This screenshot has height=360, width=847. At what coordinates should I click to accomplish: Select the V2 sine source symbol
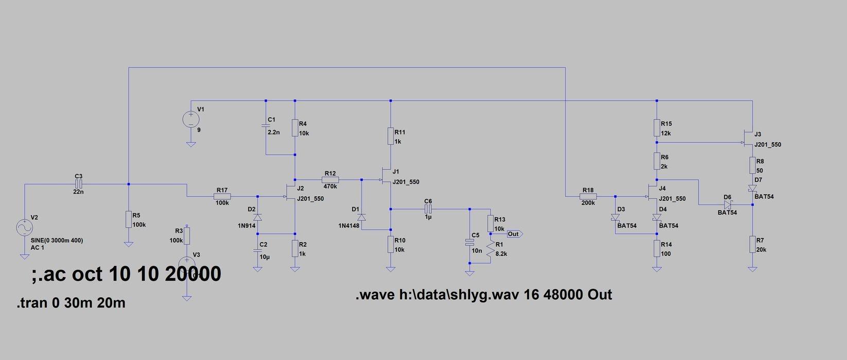pyautogui.click(x=24, y=227)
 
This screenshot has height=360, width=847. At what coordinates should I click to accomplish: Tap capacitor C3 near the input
pyautogui.click(x=78, y=184)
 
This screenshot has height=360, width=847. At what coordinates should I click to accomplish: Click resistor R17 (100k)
pyautogui.click(x=222, y=196)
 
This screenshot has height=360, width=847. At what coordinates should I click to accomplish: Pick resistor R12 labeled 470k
pyautogui.click(x=330, y=180)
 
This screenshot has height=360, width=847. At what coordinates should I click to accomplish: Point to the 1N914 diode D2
pyautogui.click(x=258, y=217)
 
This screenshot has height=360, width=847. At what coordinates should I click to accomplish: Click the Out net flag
pyautogui.click(x=514, y=234)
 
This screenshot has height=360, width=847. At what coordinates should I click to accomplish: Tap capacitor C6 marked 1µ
pyautogui.click(x=428, y=209)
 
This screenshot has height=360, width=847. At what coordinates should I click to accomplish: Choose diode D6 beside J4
pyautogui.click(x=728, y=204)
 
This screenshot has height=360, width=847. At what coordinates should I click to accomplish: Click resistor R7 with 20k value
pyautogui.click(x=753, y=245)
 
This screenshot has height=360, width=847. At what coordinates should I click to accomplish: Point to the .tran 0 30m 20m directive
pyautogui.click(x=71, y=303)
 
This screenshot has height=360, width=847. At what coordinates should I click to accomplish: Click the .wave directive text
pyautogui.click(x=483, y=295)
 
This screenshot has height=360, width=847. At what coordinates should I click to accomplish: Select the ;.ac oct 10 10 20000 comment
pyautogui.click(x=126, y=274)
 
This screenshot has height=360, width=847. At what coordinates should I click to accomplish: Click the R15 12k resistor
pyautogui.click(x=657, y=128)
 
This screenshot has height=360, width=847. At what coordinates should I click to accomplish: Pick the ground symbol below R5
pyautogui.click(x=129, y=244)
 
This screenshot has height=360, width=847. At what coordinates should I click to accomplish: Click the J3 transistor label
pyautogui.click(x=757, y=134)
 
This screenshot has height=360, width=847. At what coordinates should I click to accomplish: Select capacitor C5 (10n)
pyautogui.click(x=469, y=242)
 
